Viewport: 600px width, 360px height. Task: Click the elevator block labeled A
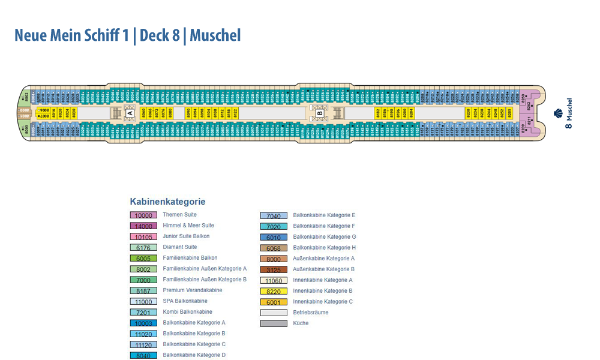pyautogui.click(x=129, y=112)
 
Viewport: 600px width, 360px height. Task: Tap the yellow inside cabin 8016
pyautogui.click(x=53, y=112)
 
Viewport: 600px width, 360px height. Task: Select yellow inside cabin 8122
pyautogui.click(x=235, y=112)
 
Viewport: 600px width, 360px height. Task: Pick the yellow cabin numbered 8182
pyautogui.click(x=378, y=112)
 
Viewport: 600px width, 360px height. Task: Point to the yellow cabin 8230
pyautogui.click(x=469, y=112)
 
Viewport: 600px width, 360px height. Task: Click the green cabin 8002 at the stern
pyautogui.click(x=26, y=97)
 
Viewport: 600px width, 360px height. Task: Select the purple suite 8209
pyautogui.click(x=523, y=127)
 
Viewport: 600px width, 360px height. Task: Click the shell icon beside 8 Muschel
pyautogui.click(x=558, y=112)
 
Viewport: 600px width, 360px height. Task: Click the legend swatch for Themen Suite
pyautogui.click(x=143, y=215)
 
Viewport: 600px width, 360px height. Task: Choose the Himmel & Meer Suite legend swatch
pyautogui.click(x=143, y=226)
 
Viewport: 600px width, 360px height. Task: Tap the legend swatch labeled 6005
pyautogui.click(x=143, y=258)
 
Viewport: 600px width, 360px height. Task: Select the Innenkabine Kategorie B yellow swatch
pyautogui.click(x=274, y=291)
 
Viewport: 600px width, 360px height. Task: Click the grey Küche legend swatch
pyautogui.click(x=274, y=323)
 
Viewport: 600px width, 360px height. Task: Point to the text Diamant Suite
pyautogui.click(x=179, y=247)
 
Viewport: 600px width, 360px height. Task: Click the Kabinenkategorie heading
pyautogui.click(x=167, y=202)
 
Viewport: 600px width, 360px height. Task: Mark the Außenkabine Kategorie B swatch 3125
pyautogui.click(x=274, y=269)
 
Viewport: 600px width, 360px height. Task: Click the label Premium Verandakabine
pyautogui.click(x=192, y=290)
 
